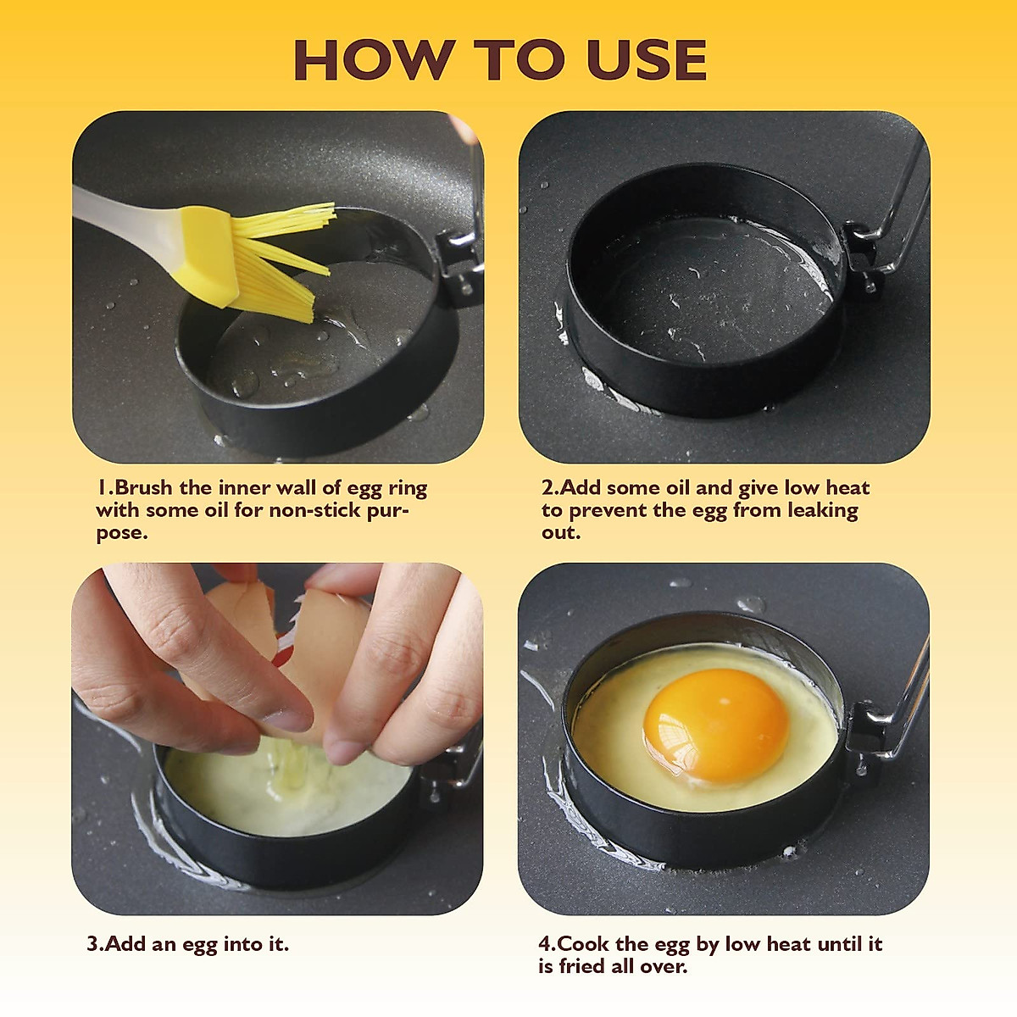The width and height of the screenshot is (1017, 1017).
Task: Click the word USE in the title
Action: (x=646, y=60)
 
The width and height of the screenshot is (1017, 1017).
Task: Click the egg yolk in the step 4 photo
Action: (x=716, y=725)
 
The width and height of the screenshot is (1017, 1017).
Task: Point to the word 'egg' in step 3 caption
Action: (x=199, y=945)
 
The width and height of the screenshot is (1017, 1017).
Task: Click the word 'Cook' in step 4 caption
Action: (x=585, y=944)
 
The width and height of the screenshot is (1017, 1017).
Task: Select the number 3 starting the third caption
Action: (x=92, y=944)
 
